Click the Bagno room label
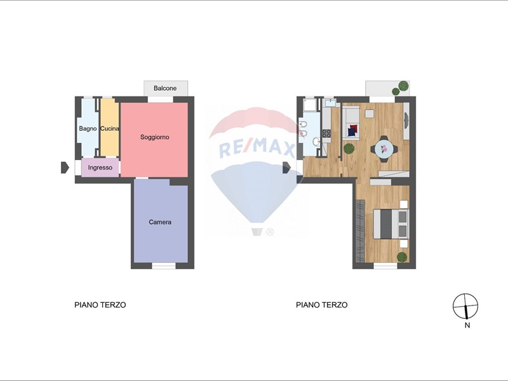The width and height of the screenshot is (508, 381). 88,129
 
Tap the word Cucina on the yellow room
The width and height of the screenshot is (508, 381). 109,129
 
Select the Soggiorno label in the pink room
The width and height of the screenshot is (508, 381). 154,137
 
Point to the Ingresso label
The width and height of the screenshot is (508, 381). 100,168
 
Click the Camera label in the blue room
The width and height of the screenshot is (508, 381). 160,222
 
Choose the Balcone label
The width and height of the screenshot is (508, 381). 165,88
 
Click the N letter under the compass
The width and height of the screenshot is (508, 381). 467,325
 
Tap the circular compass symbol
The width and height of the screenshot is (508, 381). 465,306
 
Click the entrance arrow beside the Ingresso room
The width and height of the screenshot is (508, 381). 65,168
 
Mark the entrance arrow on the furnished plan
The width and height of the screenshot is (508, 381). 287,168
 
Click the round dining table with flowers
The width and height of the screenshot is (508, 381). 384,149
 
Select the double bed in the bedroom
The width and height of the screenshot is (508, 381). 391,224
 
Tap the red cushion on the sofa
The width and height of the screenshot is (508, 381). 354,128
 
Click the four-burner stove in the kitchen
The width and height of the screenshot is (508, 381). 326,133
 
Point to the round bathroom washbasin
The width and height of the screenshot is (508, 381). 316,141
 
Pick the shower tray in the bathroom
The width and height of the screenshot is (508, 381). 309,105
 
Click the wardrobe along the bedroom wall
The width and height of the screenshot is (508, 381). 360,231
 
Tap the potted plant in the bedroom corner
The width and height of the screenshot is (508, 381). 402,257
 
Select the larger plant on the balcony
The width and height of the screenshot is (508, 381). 403,86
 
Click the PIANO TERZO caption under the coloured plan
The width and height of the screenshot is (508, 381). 100,305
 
